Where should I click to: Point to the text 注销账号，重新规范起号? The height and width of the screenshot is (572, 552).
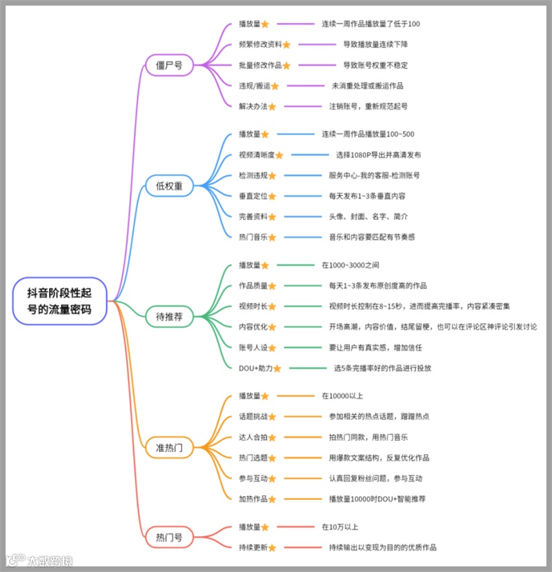click(368, 106)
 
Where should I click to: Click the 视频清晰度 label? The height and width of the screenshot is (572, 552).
click(256, 155)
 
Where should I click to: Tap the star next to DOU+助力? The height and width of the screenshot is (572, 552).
click(277, 368)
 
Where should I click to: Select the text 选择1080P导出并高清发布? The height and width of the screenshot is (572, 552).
click(378, 155)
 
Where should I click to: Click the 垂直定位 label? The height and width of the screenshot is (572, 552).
click(253, 196)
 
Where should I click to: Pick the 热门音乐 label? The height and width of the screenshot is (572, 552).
click(253, 237)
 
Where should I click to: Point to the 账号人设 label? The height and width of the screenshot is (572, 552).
click(253, 347)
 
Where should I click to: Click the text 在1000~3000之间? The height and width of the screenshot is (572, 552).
click(350, 264)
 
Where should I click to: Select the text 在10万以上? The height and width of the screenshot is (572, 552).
click(339, 526)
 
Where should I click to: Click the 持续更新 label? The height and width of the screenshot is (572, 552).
click(253, 547)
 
